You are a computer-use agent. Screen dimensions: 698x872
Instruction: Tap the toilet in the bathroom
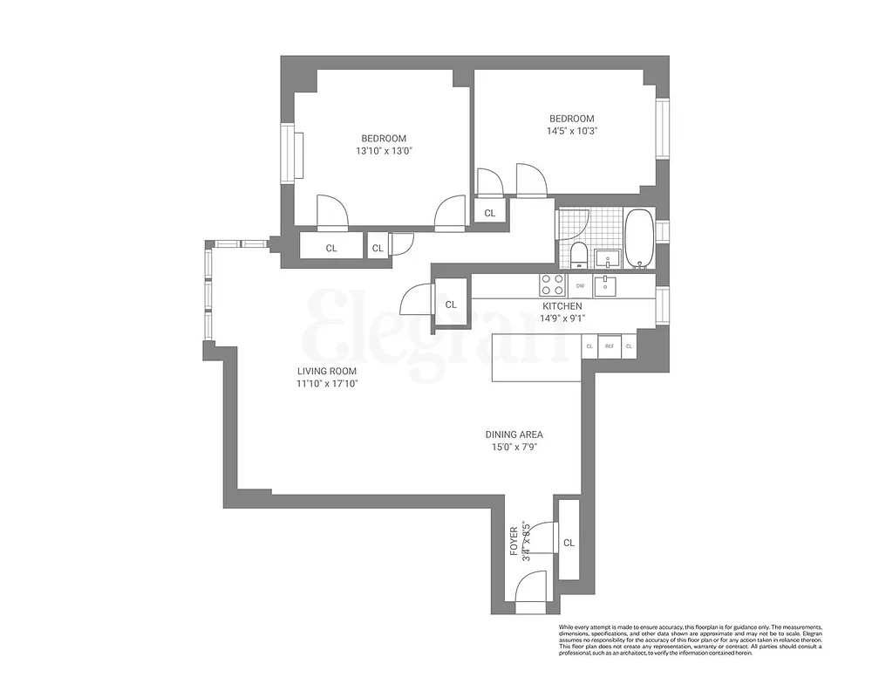[577, 255]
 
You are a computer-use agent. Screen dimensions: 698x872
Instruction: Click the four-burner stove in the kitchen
[552, 284]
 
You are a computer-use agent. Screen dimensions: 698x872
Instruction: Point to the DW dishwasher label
[580, 285]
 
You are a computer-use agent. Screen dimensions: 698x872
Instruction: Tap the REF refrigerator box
[610, 346]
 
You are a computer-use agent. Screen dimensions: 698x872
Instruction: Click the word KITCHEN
[562, 306]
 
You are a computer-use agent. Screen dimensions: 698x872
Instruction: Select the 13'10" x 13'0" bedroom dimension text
[384, 151]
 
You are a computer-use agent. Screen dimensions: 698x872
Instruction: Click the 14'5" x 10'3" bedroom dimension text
[571, 131]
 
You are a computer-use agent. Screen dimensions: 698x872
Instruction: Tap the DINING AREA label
[514, 434]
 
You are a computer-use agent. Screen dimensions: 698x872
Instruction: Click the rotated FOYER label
[514, 541]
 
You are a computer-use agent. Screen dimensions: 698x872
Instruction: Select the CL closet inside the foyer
[569, 542]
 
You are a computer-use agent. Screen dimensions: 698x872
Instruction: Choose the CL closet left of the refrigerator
[589, 346]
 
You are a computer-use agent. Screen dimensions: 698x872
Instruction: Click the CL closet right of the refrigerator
[629, 346]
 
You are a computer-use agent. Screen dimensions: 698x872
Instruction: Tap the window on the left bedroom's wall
[287, 154]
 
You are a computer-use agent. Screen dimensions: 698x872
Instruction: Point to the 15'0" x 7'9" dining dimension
[514, 448]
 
